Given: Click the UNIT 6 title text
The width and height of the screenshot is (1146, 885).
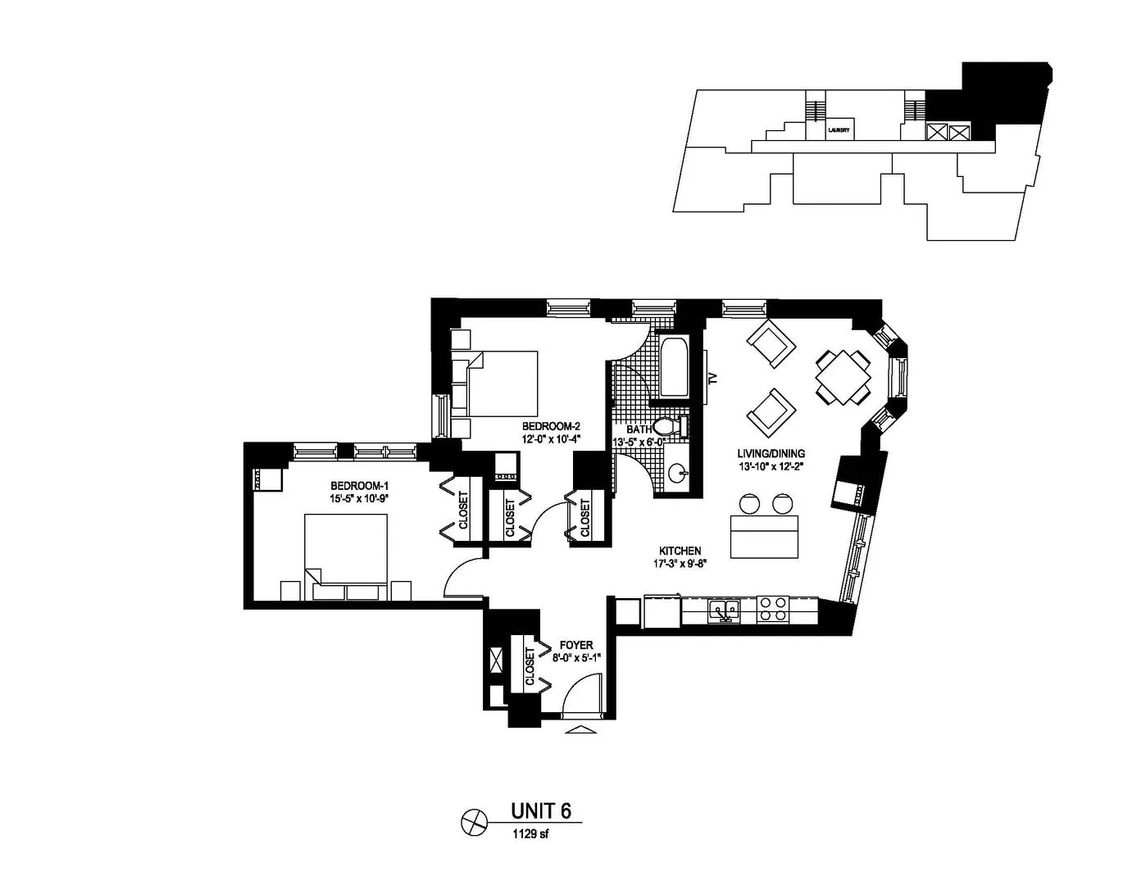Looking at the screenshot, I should tap(540, 810).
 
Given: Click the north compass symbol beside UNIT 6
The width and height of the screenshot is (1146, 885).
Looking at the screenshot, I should tap(474, 821).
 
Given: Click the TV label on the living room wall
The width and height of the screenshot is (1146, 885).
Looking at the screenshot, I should tap(712, 378).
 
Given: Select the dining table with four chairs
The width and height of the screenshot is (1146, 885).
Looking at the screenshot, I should tap(842, 377).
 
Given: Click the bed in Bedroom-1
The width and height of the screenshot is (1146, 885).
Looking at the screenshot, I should tap(345, 553).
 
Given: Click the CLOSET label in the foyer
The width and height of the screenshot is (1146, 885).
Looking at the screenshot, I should tap(530, 666).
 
